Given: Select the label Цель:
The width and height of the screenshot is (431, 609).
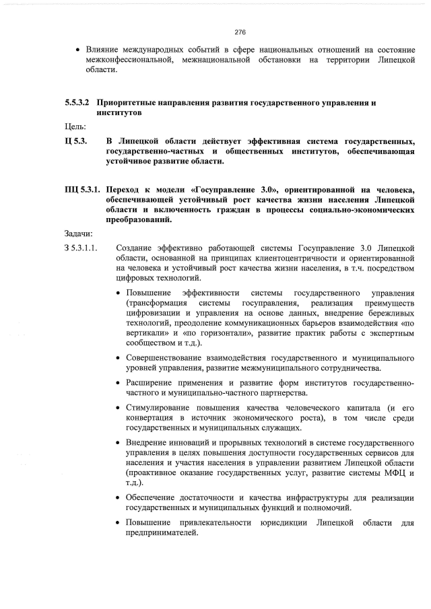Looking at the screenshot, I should pyautogui.click(x=75, y=127).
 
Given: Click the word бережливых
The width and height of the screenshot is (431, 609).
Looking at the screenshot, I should pyautogui.click(x=387, y=312).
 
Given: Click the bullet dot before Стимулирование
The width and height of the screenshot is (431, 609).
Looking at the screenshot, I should pyautogui.click(x=119, y=408).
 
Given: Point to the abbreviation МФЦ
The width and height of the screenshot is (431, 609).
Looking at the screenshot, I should pyautogui.click(x=395, y=473).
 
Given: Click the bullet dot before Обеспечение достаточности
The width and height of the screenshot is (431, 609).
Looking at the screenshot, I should pyautogui.click(x=119, y=498).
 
